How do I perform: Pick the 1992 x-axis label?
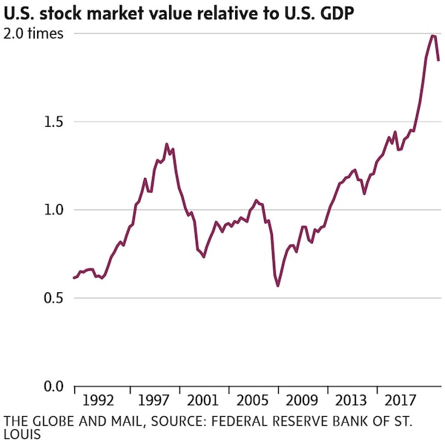pyautogui.click(x=98, y=401)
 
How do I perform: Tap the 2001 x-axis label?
pyautogui.click(x=202, y=401)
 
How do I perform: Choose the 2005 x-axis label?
pyautogui.click(x=252, y=401)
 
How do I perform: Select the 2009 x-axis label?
pyautogui.click(x=302, y=401)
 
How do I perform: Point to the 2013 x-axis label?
pyautogui.click(x=352, y=401)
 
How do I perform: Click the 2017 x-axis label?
pyautogui.click(x=401, y=401)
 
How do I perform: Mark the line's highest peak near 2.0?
pyautogui.click(x=432, y=36)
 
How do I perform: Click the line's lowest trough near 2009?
pyautogui.click(x=278, y=286)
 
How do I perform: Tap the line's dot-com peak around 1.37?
pyautogui.click(x=166, y=144)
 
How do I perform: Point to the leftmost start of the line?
pyautogui.click(x=73, y=278)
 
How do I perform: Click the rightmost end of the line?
pyautogui.click(x=438, y=61)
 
